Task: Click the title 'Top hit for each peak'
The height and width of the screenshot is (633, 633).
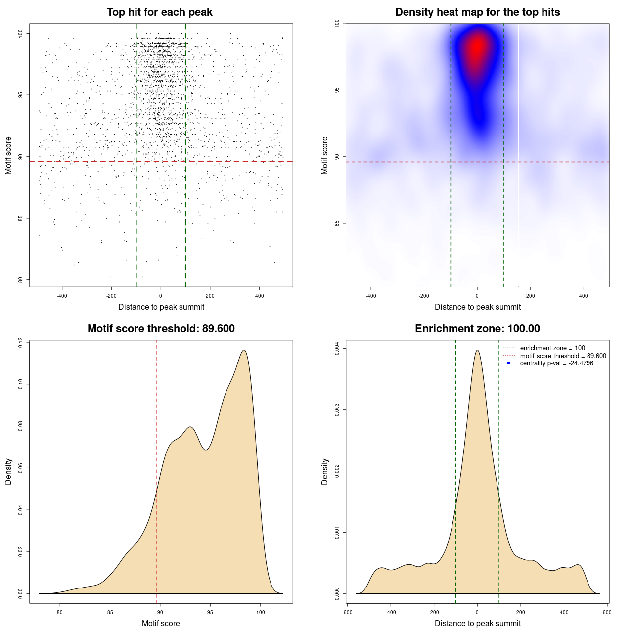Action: (x=160, y=12)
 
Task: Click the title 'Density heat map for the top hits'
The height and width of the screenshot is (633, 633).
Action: (x=477, y=12)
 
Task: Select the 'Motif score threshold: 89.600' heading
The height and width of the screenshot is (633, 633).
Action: (x=161, y=329)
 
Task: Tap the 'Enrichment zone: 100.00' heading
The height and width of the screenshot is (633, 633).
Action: (x=477, y=329)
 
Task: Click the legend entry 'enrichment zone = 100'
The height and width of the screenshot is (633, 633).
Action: (x=552, y=348)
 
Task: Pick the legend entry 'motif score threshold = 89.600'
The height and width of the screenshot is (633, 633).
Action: (x=563, y=356)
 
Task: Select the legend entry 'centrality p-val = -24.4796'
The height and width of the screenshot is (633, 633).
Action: (x=556, y=363)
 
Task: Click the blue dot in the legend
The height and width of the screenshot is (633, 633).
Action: (x=509, y=363)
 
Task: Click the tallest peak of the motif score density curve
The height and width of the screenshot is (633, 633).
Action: (x=244, y=350)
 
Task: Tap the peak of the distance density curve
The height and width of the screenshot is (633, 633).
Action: (x=477, y=350)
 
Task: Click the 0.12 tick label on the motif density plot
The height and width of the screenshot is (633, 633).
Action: (x=20, y=342)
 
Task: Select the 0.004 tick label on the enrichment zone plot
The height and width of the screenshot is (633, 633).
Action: (x=337, y=349)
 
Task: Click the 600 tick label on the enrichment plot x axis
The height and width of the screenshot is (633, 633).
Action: (x=607, y=612)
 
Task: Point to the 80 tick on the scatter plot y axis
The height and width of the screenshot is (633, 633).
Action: (x=20, y=280)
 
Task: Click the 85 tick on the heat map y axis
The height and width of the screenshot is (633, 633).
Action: (x=337, y=223)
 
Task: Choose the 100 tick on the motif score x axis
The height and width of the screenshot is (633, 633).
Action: (x=261, y=612)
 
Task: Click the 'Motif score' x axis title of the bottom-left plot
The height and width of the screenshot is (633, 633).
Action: (x=161, y=623)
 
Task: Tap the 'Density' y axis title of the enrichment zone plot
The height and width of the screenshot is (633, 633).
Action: (x=325, y=471)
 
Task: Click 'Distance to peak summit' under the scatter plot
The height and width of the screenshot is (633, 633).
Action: (x=161, y=307)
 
